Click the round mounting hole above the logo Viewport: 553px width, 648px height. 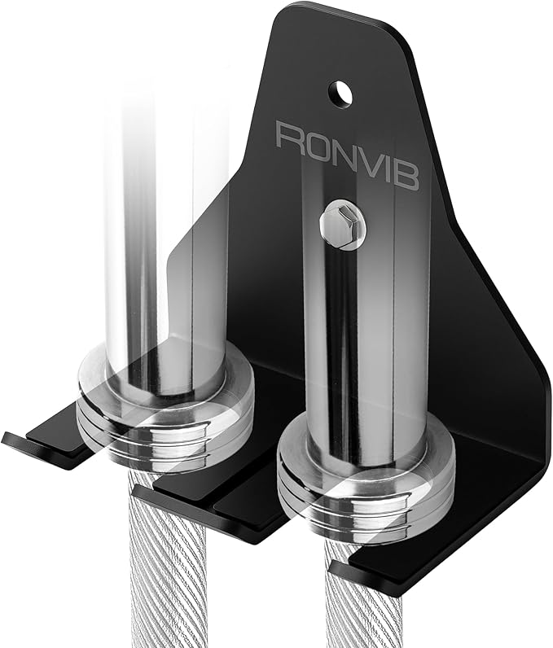[341, 93]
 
